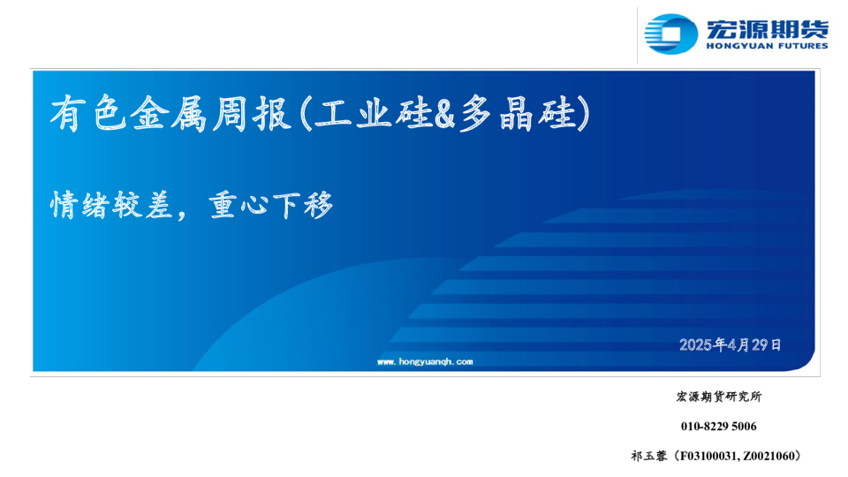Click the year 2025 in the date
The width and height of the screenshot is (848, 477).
pyautogui.click(x=696, y=344)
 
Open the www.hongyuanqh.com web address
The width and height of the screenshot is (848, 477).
pyautogui.click(x=425, y=361)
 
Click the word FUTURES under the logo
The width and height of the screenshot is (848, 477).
pyautogui.click(x=800, y=46)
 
